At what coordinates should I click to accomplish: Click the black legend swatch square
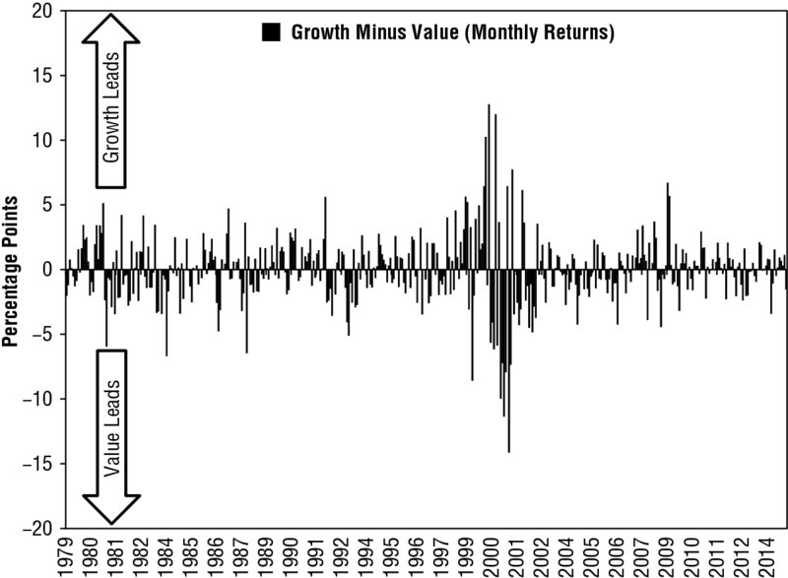(271, 32)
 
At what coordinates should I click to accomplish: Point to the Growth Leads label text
(111, 107)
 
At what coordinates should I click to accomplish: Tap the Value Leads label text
(111, 428)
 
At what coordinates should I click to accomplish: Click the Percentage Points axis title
(10, 271)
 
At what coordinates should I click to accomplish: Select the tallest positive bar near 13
(489, 187)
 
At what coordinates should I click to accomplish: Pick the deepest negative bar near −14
(508, 361)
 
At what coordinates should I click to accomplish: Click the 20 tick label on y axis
(41, 11)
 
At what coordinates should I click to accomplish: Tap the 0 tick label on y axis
(47, 270)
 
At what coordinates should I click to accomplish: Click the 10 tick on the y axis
(42, 140)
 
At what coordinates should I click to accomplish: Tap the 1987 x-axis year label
(239, 556)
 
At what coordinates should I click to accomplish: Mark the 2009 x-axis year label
(664, 556)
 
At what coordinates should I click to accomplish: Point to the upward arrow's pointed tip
(110, 14)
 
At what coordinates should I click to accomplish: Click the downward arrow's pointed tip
(111, 524)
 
